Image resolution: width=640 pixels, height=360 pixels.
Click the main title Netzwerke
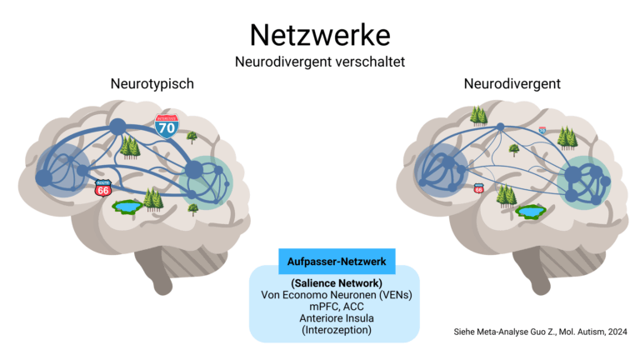(320, 35)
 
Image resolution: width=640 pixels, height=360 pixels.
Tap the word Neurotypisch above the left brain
(153, 84)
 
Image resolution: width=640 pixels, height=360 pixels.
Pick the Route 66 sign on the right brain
(478, 189)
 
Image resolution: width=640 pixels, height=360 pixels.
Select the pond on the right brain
(529, 212)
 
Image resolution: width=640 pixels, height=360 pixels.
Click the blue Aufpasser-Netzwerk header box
(336, 261)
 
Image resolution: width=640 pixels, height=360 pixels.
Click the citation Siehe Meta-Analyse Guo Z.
(534, 332)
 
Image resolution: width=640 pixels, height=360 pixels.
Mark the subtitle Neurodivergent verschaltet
(320, 62)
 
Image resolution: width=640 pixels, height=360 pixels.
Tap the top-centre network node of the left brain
(117, 127)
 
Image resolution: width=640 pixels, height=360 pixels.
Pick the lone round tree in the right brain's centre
(514, 150)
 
